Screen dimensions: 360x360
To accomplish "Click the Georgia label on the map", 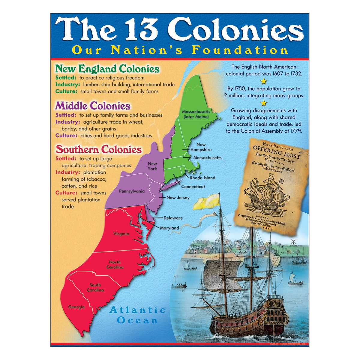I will (x=76, y=307).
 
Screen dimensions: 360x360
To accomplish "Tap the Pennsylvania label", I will (x=132, y=191).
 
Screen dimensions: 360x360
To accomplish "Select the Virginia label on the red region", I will (x=121, y=234).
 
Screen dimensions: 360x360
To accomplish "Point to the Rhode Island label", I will (x=202, y=178).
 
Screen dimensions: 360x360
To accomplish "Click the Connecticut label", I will (x=193, y=186).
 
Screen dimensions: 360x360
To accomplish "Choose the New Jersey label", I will (x=178, y=197).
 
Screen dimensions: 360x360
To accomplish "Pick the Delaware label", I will (x=173, y=218).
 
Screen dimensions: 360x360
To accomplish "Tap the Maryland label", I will (x=169, y=228).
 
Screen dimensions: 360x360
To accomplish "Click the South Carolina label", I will (x=95, y=287).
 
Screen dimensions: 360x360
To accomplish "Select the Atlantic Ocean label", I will (x=138, y=315).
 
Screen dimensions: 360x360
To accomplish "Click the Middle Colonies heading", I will (x=93, y=106).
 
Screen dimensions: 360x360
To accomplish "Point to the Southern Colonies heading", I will (x=98, y=149).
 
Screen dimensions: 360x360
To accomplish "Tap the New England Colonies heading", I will (x=107, y=69).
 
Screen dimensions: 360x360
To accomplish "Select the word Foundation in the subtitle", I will (x=240, y=50).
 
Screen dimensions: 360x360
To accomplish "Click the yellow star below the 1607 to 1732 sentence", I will (x=264, y=81).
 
